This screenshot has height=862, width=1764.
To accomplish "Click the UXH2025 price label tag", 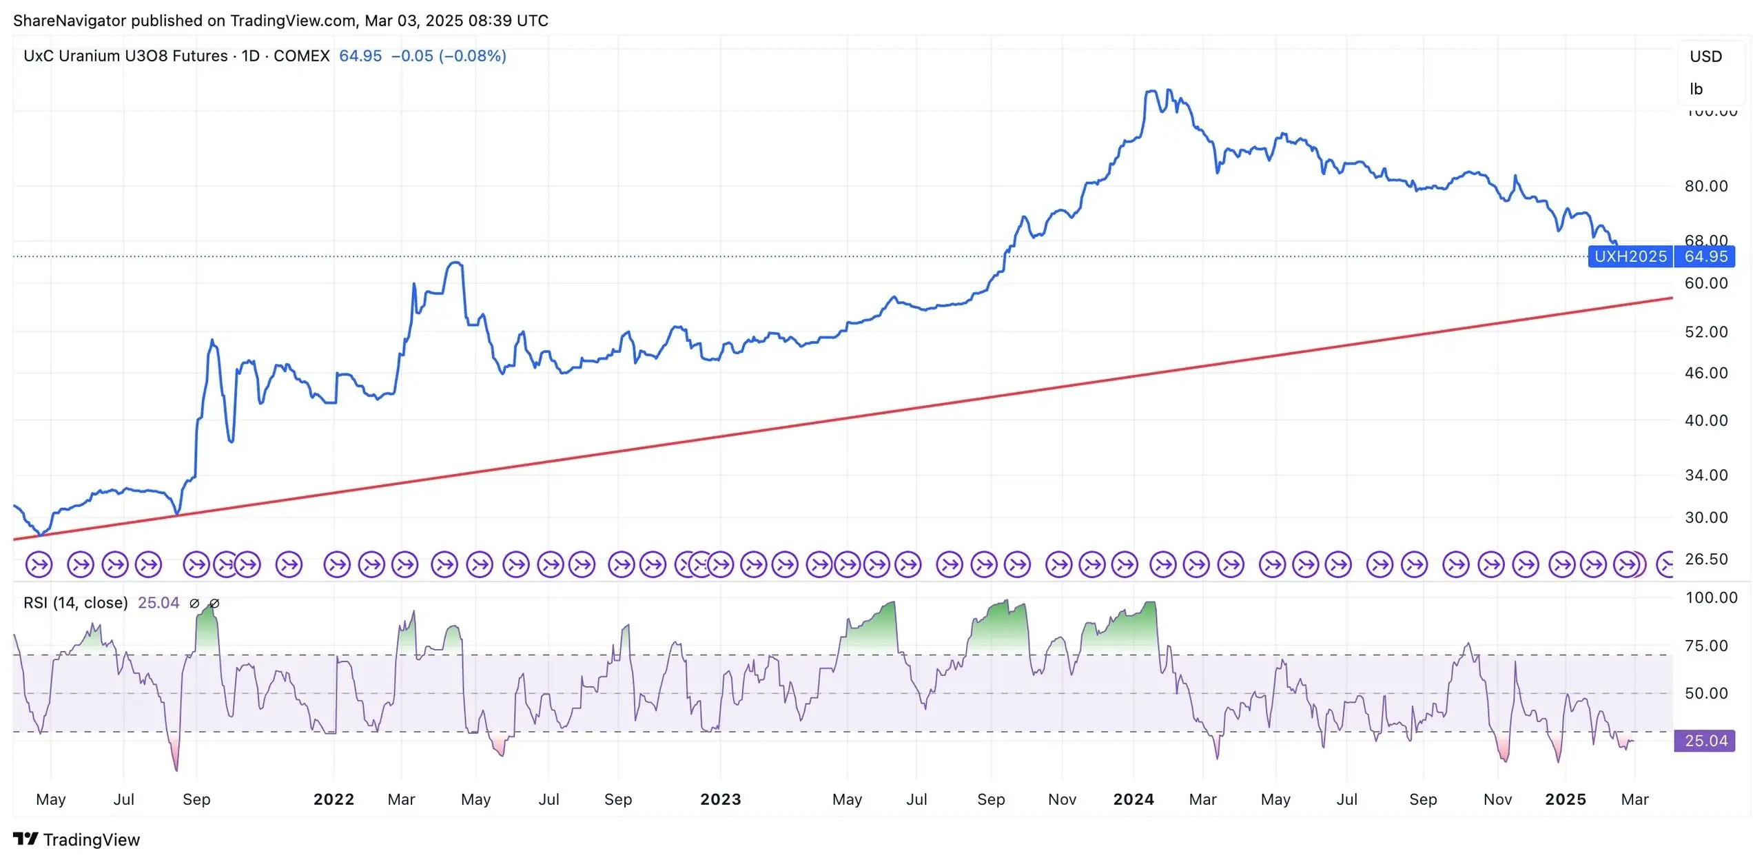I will point(1630,256).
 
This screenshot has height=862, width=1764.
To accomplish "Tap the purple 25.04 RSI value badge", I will point(1705,741).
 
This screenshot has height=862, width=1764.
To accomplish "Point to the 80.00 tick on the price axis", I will point(1705,186).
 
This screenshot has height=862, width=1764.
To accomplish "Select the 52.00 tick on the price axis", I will point(1705,332).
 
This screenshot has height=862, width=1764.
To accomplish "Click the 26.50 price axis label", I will point(1705,560).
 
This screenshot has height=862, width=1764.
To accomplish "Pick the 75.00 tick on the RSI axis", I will point(1705,646).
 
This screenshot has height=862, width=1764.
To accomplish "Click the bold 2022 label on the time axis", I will point(334,799).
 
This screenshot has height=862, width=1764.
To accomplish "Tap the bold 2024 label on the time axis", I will point(1134,799).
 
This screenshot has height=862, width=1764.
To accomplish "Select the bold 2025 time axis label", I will point(1565,799).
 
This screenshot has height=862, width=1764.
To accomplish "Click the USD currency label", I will point(1705,57).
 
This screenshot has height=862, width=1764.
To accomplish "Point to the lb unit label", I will point(1696,89).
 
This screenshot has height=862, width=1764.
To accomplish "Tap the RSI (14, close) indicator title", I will point(76,603).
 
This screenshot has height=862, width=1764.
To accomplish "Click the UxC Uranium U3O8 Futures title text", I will point(125,56).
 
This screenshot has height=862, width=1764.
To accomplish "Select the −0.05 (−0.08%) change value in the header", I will point(449,56).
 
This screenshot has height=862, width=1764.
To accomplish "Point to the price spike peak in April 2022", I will point(455,263).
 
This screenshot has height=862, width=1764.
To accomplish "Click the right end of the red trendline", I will point(1672,298).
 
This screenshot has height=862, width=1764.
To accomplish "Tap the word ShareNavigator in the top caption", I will point(70,21).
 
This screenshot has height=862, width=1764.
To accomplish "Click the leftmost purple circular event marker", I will point(39,565).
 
